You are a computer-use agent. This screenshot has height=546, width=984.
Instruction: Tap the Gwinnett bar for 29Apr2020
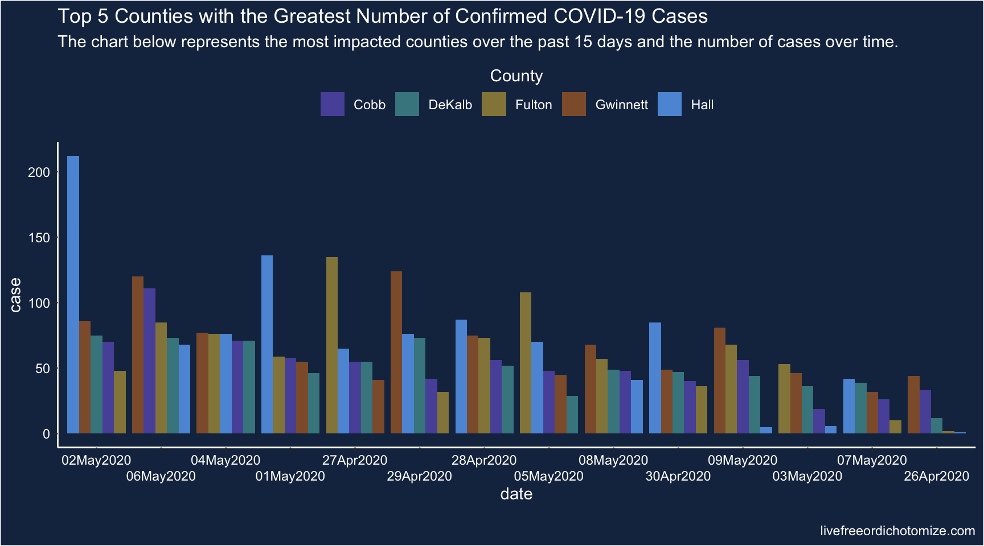396,353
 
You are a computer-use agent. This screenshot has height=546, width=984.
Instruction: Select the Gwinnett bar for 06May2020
138,355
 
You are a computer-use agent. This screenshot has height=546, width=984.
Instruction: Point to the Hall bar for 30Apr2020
655,378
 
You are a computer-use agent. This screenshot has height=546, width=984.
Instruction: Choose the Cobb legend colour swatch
333,104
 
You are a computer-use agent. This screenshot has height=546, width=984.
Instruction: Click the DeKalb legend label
450,105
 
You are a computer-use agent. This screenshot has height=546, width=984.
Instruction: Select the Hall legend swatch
670,104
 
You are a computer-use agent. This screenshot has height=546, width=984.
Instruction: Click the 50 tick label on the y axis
43,369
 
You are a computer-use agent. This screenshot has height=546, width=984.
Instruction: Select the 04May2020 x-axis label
225,460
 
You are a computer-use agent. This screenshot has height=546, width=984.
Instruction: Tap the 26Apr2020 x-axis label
936,476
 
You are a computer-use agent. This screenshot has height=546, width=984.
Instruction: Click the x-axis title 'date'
516,494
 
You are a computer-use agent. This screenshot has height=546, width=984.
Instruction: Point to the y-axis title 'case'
15,295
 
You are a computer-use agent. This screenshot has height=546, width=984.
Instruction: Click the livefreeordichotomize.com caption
897,531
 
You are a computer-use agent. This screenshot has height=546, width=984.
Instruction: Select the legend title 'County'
516,76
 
